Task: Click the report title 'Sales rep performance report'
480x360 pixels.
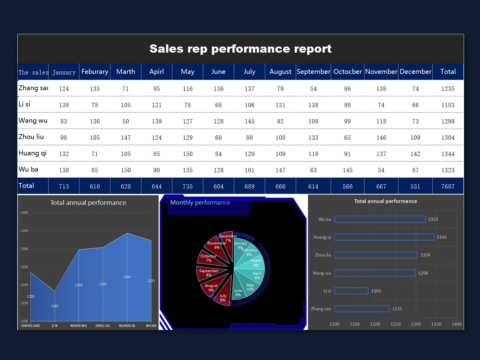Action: click(240, 49)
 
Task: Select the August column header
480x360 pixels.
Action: click(280, 72)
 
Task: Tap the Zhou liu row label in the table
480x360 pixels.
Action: click(31, 137)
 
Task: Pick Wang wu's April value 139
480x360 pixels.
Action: click(156, 121)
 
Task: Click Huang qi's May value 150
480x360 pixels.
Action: click(188, 154)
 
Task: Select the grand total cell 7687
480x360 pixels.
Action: click(448, 186)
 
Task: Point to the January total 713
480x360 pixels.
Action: click(64, 186)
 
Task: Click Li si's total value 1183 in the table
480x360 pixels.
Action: click(448, 105)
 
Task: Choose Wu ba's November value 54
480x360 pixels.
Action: click(381, 170)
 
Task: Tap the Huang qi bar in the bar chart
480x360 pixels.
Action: click(384, 237)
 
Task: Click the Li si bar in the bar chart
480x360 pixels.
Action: click(351, 291)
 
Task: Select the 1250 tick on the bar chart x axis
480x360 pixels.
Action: click(395, 324)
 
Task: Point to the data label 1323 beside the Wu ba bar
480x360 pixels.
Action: click(433, 219)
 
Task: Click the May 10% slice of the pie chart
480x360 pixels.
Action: click(249, 286)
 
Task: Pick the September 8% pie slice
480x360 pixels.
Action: click(210, 273)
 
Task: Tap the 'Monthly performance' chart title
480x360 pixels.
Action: click(200, 203)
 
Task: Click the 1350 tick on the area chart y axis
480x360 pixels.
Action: click(24, 231)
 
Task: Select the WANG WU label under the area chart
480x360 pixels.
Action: click(78, 326)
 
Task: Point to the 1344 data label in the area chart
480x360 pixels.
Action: click(127, 277)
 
